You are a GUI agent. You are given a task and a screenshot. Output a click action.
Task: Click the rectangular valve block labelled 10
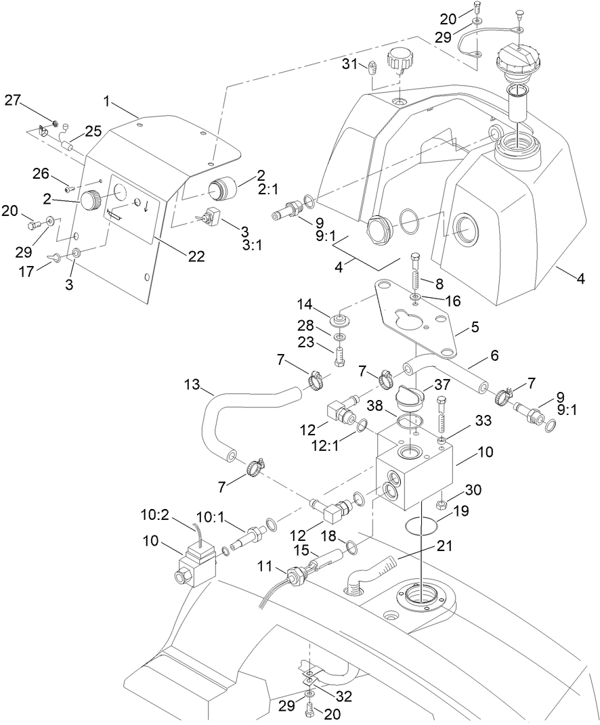pos(413,467)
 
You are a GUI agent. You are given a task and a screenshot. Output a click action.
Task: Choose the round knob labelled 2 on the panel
pos(91,200)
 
